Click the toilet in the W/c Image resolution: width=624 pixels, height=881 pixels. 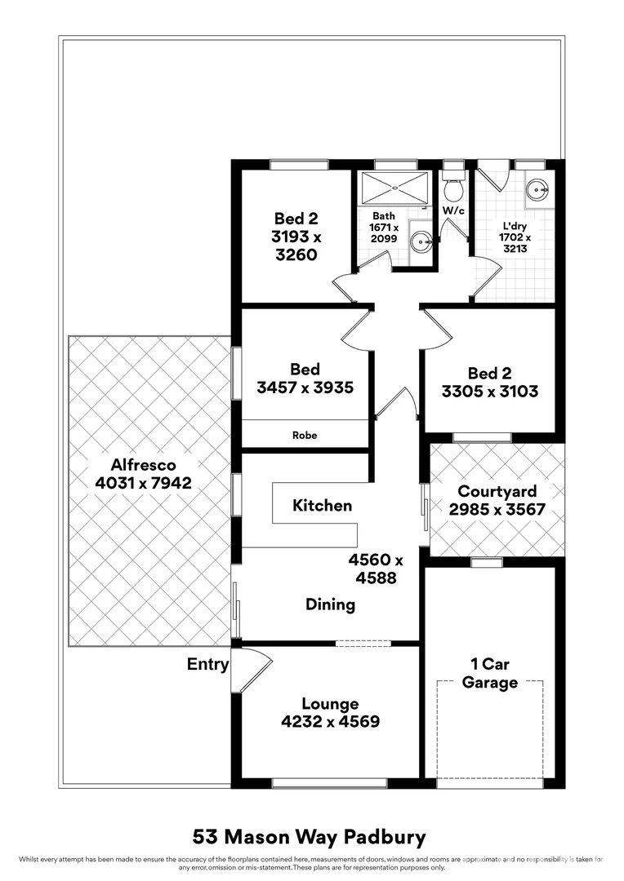click(x=452, y=188)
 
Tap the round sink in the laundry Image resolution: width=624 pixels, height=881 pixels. click(x=537, y=192)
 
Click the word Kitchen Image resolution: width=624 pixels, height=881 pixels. click(x=322, y=506)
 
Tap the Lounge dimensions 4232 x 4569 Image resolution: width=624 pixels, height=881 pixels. click(x=330, y=721)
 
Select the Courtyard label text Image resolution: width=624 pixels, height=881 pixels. click(x=497, y=491)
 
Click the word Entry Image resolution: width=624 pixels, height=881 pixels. click(x=207, y=664)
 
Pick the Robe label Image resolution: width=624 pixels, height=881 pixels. click(x=305, y=436)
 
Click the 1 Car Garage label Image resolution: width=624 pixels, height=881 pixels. click(x=490, y=674)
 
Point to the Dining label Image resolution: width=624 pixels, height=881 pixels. click(x=330, y=604)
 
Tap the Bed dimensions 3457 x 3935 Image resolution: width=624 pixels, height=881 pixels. click(x=305, y=388)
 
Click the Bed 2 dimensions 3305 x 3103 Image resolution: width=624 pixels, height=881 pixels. click(x=490, y=392)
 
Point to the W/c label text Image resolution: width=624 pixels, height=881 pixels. click(x=453, y=210)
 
